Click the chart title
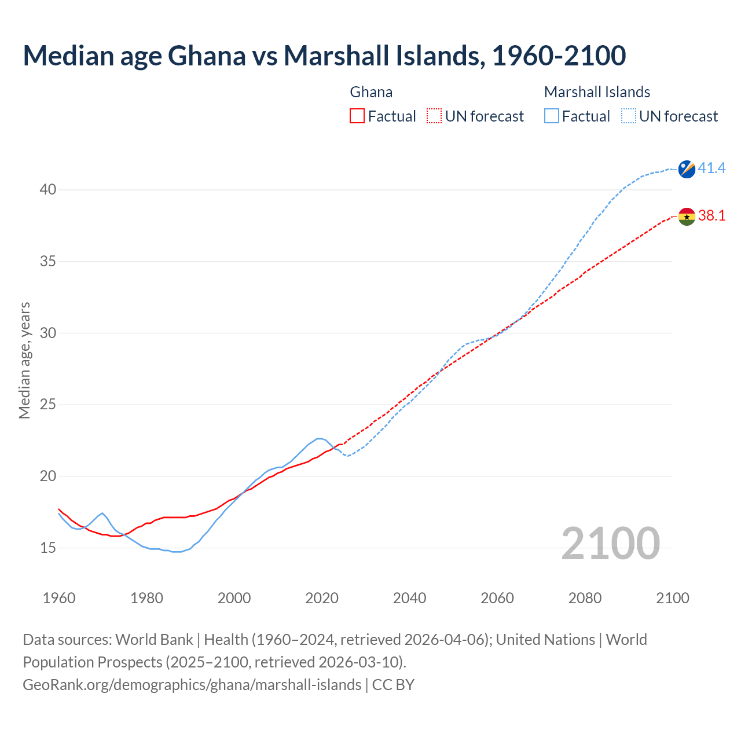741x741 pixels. tap(324, 56)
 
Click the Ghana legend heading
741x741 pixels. tap(371, 92)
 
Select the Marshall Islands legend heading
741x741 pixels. tap(597, 92)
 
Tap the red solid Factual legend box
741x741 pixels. tap(357, 116)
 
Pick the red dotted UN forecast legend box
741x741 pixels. tap(434, 116)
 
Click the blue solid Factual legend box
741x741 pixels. tap(552, 116)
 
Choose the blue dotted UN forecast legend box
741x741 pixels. tap(629, 116)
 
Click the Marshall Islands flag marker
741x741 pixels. tap(687, 169)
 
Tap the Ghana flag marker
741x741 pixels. tap(687, 217)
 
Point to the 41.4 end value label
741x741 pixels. tap(711, 168)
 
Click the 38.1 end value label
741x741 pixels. tap(711, 215)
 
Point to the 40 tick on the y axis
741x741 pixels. tap(48, 190)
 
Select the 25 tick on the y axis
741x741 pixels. tap(48, 405)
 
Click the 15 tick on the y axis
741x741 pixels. tap(48, 548)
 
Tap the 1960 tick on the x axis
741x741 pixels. tap(59, 598)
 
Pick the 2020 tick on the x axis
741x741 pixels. tap(322, 598)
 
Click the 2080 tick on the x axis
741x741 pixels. tap(585, 598)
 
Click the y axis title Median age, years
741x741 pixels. tap(24, 360)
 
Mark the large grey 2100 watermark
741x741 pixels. tap(610, 543)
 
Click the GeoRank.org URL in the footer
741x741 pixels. tap(192, 685)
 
